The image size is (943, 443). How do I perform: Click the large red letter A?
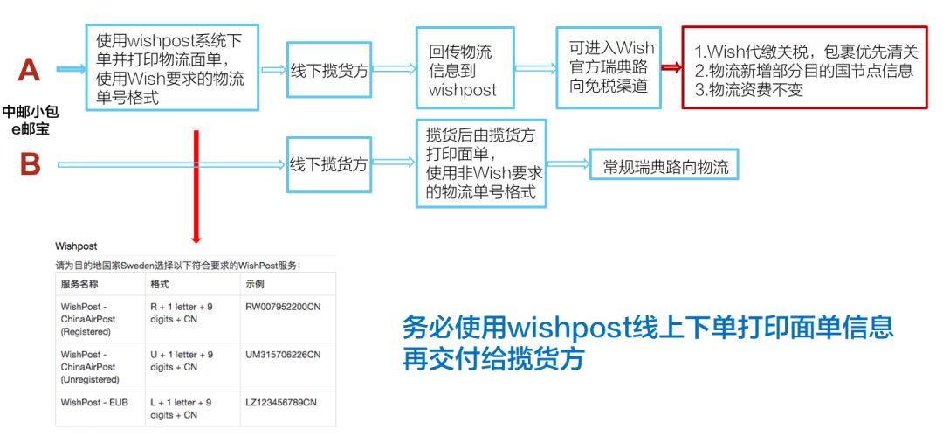tap(29, 68)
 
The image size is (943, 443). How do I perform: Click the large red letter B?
tap(29, 163)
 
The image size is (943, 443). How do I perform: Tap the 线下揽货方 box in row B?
tap(328, 164)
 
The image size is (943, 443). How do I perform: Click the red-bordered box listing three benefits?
tap(803, 68)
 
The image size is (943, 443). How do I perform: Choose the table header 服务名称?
tap(79, 284)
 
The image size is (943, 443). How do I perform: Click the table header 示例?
tap(256, 284)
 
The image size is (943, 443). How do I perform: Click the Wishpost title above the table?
tap(76, 246)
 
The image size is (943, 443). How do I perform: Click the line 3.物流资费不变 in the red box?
tap(748, 89)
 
